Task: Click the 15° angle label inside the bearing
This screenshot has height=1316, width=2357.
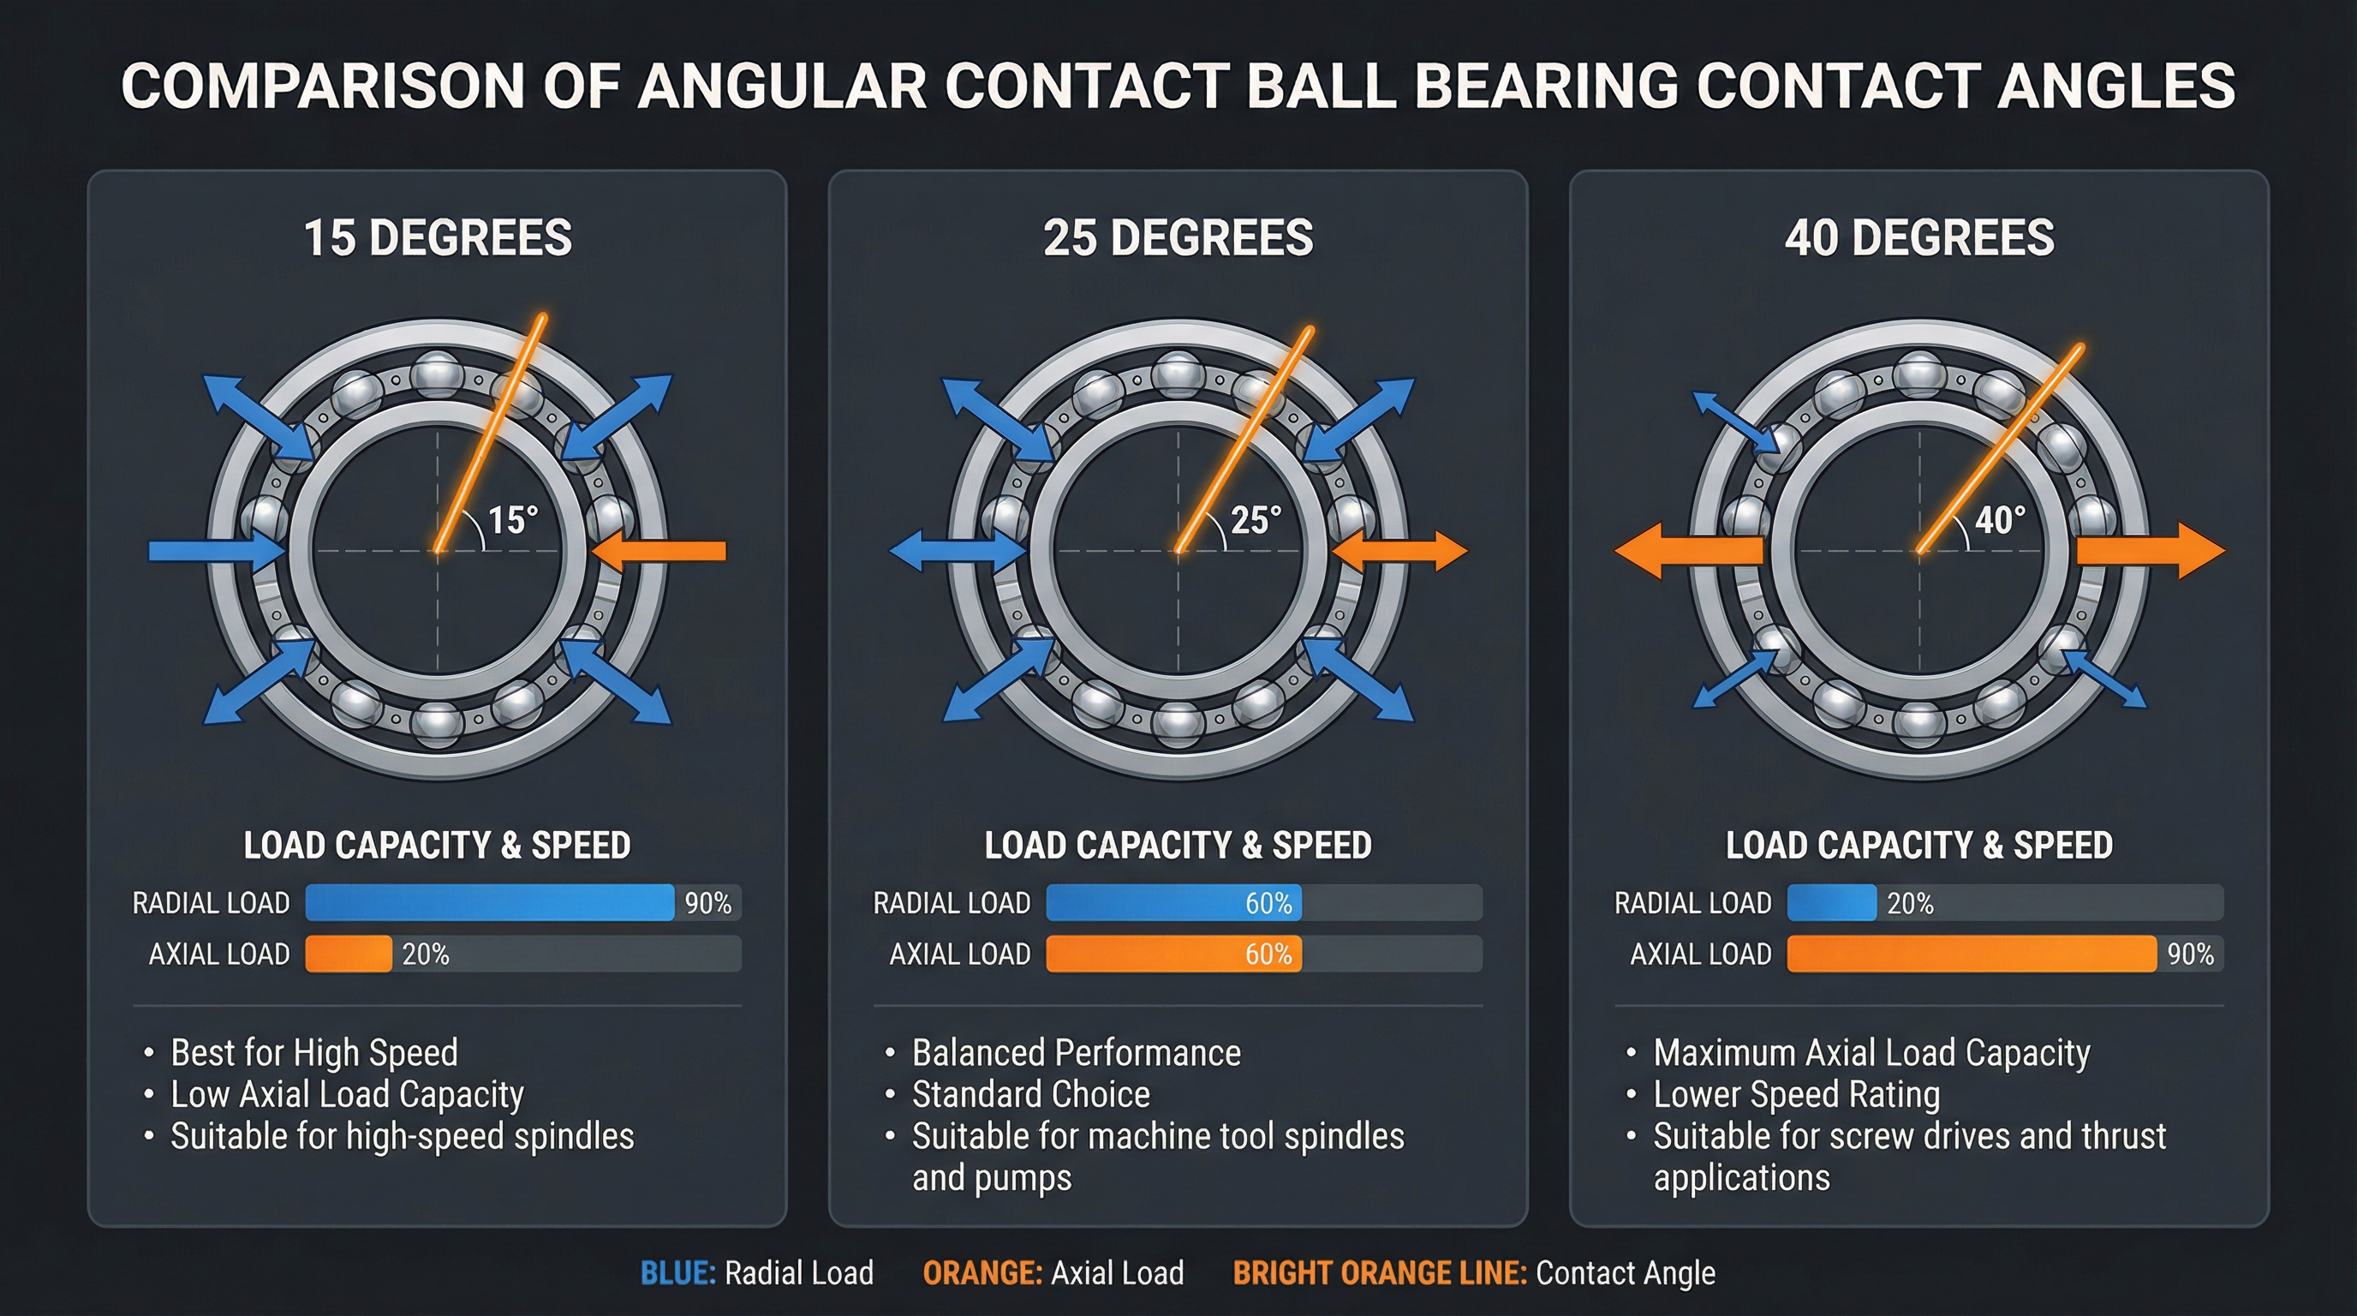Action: tap(513, 520)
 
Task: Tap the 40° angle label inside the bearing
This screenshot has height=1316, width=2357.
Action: tap(2000, 520)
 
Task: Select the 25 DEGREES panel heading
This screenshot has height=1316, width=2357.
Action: tap(1178, 238)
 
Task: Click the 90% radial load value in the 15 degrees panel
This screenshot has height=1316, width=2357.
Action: tap(708, 903)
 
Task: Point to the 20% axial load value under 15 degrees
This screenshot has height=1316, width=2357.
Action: tap(426, 954)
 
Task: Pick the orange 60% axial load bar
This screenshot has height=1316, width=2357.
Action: tap(1173, 954)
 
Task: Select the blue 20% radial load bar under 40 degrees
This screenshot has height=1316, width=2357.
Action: tap(1831, 902)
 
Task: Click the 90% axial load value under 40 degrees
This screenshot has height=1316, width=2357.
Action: tap(2191, 954)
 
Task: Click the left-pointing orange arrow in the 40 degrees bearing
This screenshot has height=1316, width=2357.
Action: tap(1688, 551)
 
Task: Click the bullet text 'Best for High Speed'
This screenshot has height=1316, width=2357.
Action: tap(313, 1052)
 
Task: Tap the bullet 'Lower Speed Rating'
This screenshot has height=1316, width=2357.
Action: tap(1797, 1095)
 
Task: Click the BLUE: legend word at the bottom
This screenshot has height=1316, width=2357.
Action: tap(678, 1273)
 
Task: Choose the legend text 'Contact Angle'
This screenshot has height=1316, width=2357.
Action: tap(1626, 1273)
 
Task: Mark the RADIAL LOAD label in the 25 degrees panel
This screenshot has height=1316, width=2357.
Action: tap(952, 903)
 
